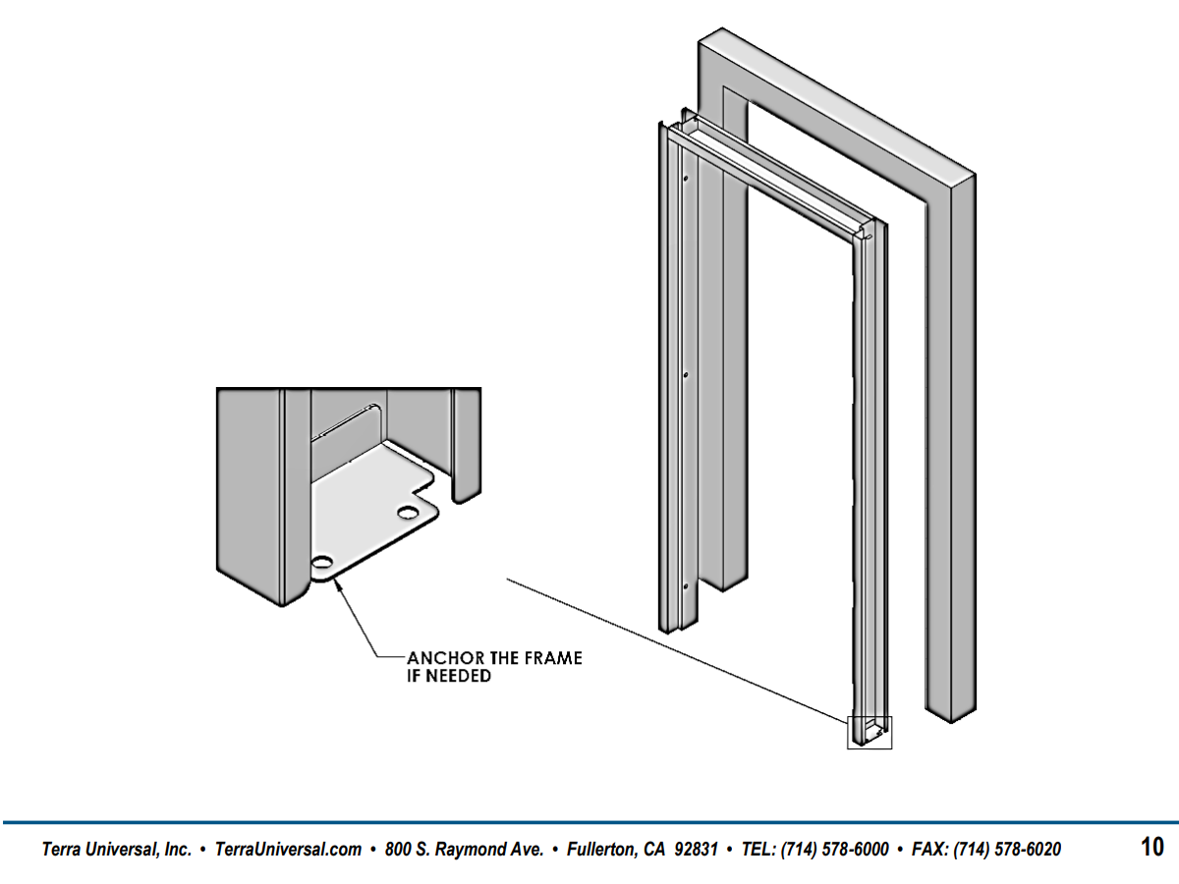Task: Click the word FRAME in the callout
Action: coord(553,658)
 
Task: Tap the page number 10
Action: coord(1152,847)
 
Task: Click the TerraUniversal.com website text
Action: coord(289,849)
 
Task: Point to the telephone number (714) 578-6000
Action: coord(835,849)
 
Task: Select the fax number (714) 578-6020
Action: coord(1007,849)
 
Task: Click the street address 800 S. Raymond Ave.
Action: coord(464,849)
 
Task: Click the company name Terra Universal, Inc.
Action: coord(117,849)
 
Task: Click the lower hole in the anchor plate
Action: coord(321,563)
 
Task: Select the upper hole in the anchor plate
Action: coord(408,513)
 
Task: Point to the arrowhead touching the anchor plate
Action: coord(338,585)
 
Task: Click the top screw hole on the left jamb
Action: coord(686,178)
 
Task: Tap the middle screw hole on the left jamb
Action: coord(686,374)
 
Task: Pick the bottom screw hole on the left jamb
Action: coord(686,586)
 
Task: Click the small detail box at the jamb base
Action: coord(870,732)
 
